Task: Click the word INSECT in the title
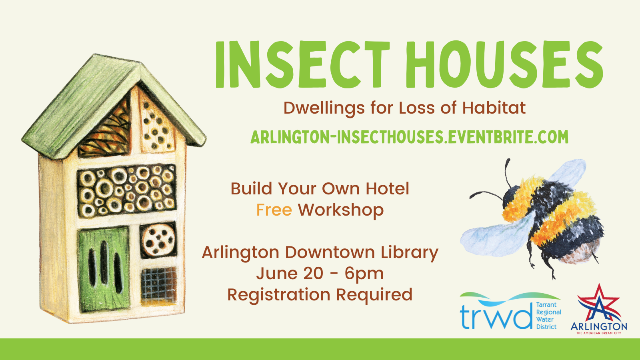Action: tap(302, 64)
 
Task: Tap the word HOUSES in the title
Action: tap(504, 64)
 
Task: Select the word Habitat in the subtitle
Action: tap(494, 108)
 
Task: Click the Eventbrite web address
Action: tap(410, 137)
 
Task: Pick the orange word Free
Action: tap(274, 210)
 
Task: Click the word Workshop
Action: tap(341, 210)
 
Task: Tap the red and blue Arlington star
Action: tap(598, 303)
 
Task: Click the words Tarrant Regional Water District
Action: tap(548, 316)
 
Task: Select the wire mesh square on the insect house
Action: tap(159, 286)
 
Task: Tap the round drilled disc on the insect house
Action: tap(158, 240)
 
